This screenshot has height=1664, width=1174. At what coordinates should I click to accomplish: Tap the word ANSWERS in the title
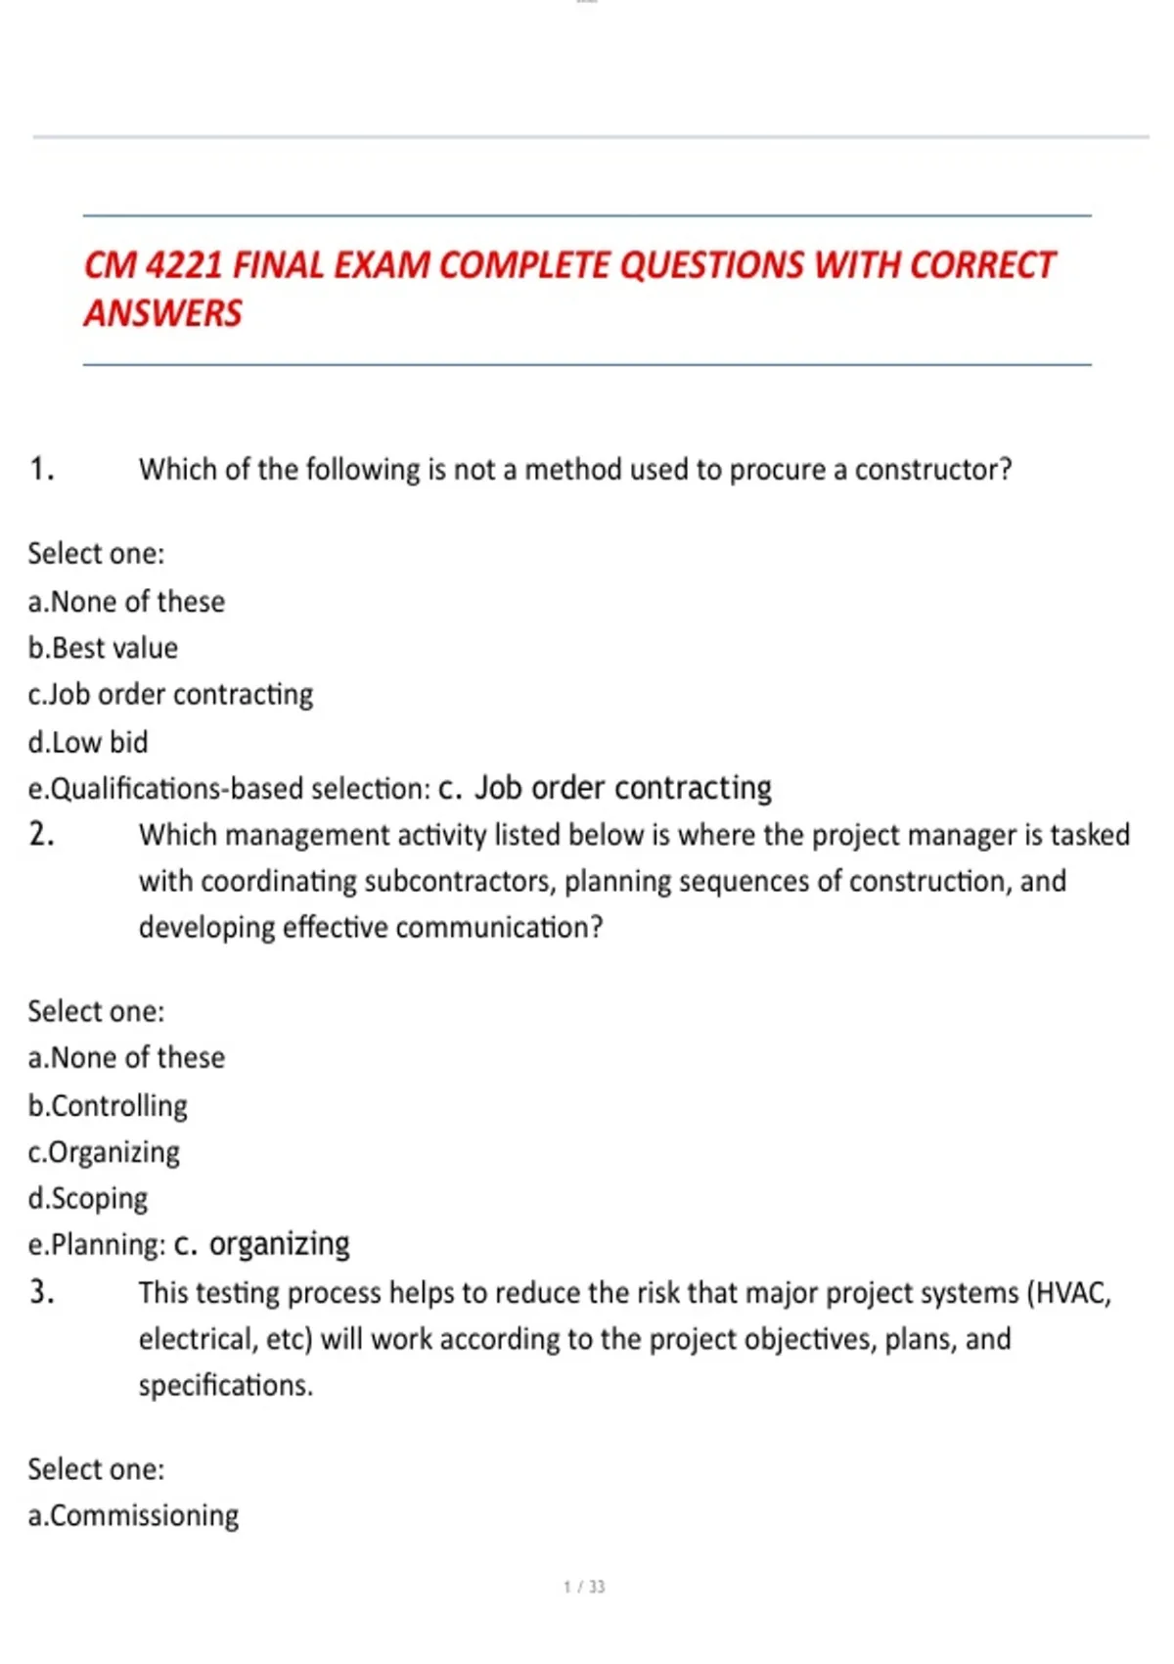click(162, 314)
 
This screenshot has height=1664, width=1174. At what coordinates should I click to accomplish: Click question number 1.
click(41, 470)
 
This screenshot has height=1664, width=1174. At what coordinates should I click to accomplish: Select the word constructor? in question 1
click(933, 470)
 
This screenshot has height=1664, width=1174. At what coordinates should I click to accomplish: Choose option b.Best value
click(103, 648)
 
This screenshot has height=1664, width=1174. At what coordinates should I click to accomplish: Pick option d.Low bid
click(88, 742)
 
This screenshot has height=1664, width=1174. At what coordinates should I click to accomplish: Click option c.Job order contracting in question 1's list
click(170, 695)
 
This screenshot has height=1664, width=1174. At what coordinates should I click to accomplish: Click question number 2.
click(41, 835)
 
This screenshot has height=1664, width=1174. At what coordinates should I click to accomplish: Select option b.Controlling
click(108, 1106)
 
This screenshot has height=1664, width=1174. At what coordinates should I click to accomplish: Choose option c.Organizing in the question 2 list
click(104, 1153)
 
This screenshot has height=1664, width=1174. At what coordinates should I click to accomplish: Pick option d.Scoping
click(88, 1199)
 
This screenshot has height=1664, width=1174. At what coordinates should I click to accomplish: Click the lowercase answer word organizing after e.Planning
click(279, 1244)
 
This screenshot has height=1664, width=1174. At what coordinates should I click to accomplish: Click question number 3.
click(41, 1293)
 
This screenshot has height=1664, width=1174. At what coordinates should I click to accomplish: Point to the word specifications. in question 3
click(225, 1386)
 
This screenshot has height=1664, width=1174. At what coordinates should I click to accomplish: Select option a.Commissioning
click(133, 1516)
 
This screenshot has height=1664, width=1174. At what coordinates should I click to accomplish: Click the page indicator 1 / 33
click(584, 1587)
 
